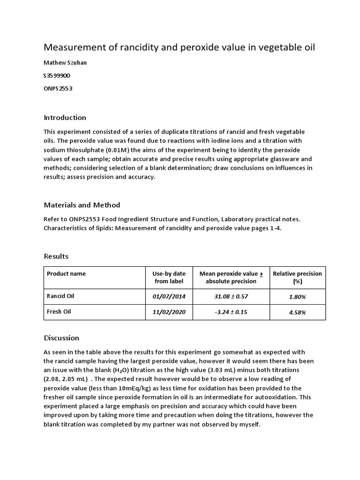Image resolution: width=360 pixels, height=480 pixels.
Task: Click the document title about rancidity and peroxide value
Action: tap(180, 47)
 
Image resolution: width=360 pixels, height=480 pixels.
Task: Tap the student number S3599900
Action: tap(57, 75)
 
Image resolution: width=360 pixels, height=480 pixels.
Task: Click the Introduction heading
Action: tap(65, 117)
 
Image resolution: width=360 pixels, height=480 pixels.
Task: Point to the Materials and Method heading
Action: tap(82, 205)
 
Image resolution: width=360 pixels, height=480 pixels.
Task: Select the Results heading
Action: tap(56, 256)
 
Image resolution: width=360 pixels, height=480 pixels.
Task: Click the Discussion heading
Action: tap(61, 337)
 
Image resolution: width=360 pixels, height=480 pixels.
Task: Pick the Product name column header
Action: tap(66, 274)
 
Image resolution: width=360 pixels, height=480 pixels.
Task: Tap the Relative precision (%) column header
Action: tap(297, 277)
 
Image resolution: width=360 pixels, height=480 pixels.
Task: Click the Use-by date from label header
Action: tap(169, 277)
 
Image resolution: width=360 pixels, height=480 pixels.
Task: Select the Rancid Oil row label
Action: tap(60, 296)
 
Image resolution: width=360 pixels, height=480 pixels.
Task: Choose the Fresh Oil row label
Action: tap(59, 311)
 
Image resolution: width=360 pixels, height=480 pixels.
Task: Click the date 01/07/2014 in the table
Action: tap(169, 297)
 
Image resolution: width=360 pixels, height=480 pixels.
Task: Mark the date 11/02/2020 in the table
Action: tap(169, 312)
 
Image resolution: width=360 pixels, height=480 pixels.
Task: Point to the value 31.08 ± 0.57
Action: tap(231, 297)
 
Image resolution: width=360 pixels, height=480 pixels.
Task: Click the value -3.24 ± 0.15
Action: tap(231, 312)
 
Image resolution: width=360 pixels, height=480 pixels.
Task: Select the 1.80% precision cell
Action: tap(297, 297)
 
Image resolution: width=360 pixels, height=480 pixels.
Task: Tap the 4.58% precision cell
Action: tap(297, 312)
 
